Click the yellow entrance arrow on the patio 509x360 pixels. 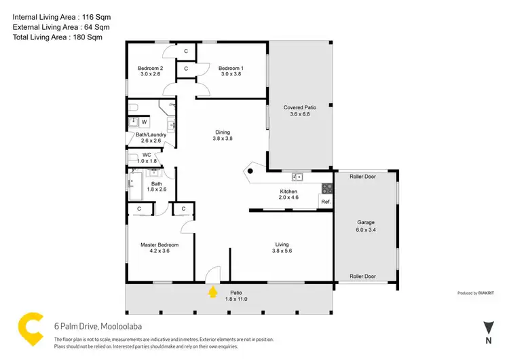(x=213, y=292)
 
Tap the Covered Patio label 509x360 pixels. (x=299, y=107)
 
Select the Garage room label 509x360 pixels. (x=366, y=222)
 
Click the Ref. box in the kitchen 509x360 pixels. (x=326, y=202)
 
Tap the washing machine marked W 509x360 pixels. (x=144, y=122)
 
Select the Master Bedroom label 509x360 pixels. (x=159, y=245)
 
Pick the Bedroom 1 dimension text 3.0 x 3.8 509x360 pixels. (x=231, y=75)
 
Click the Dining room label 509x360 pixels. (x=223, y=132)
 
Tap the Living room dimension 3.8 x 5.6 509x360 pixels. (x=282, y=251)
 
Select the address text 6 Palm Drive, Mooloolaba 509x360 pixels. (x=98, y=326)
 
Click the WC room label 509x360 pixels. (x=147, y=155)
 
